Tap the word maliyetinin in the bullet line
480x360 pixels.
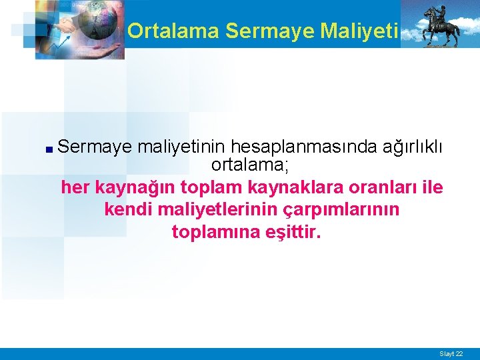pyautogui.click(x=182, y=146)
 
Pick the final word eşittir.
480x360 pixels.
pyautogui.click(x=291, y=233)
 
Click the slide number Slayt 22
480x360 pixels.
pyautogui.click(x=451, y=353)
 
